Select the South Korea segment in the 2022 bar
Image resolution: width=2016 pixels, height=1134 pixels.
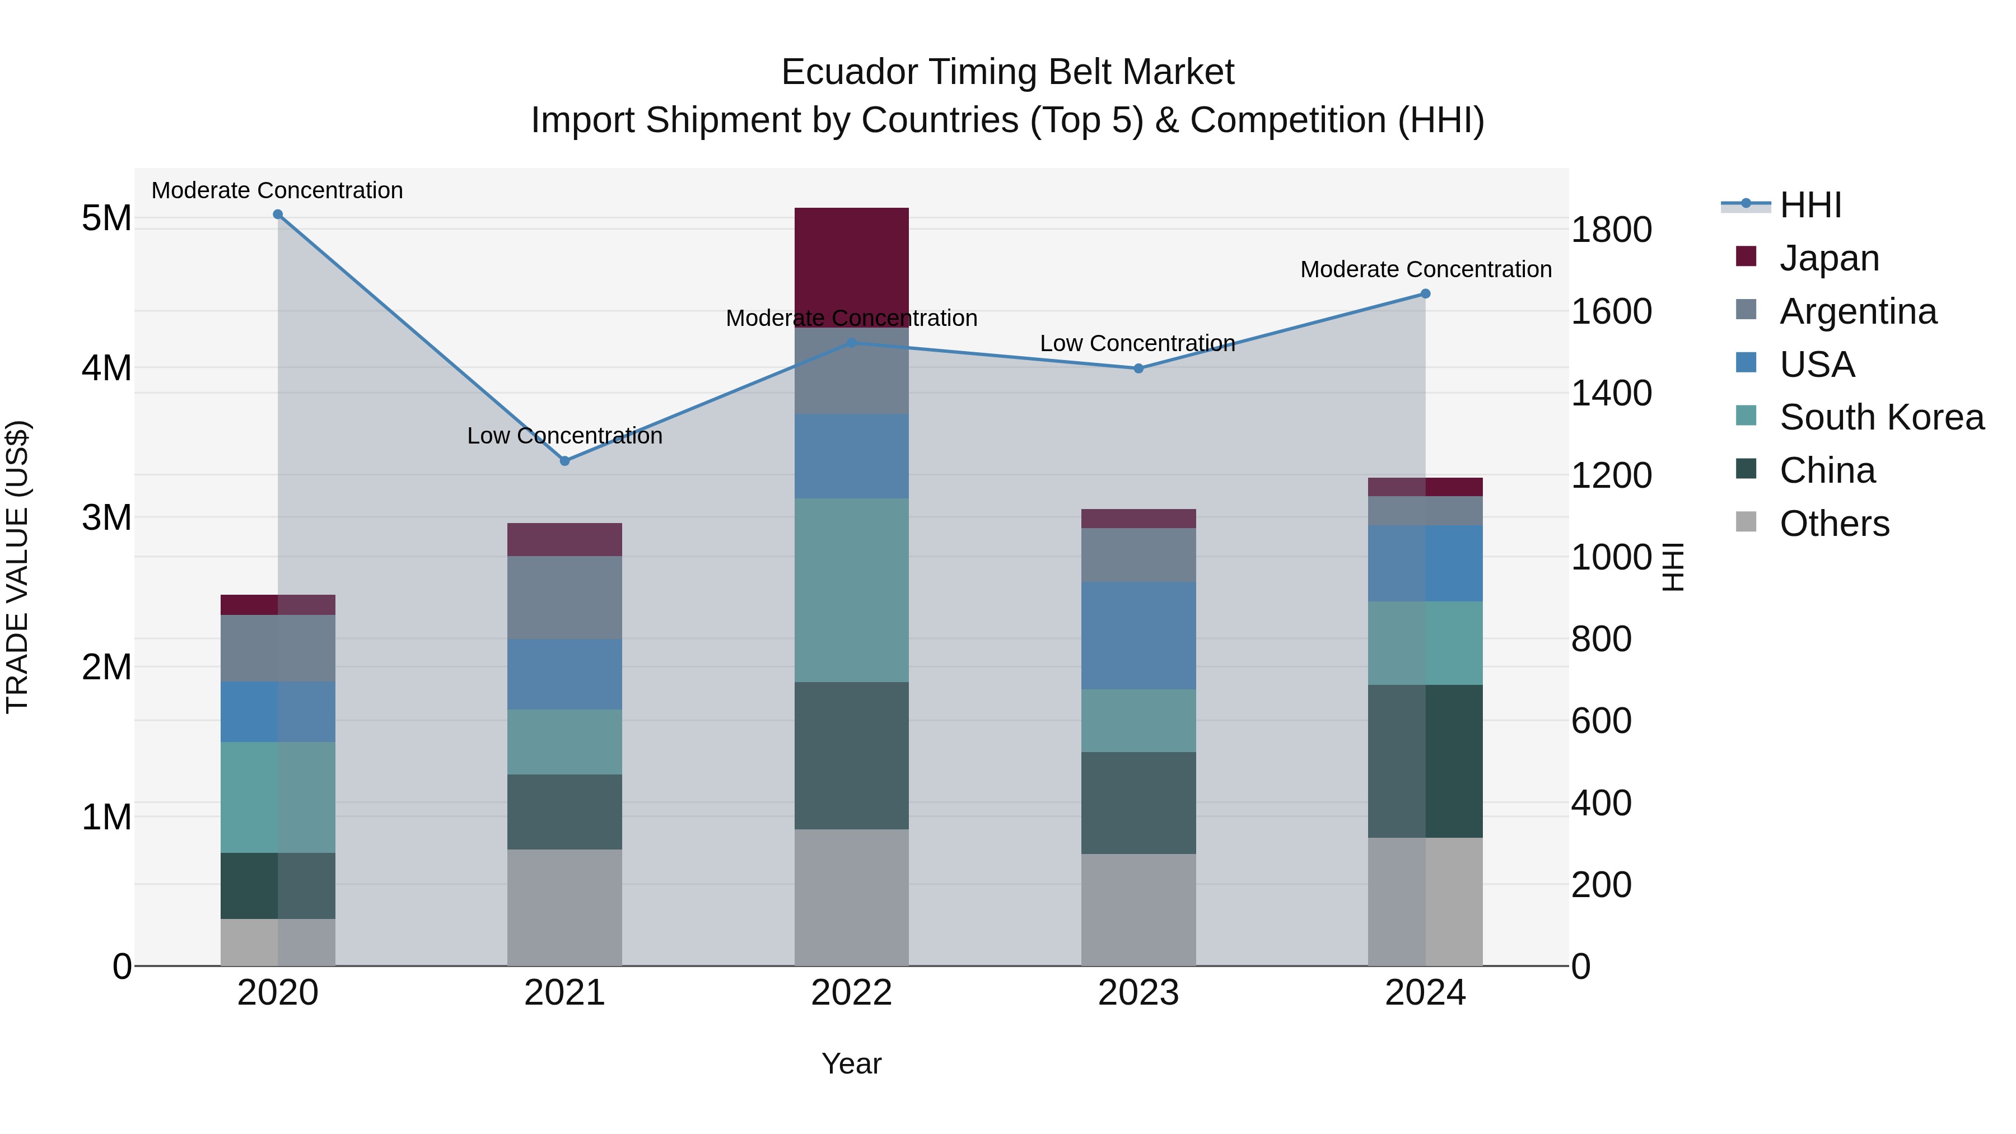(851, 590)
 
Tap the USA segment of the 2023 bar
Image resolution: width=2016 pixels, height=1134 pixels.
(1138, 636)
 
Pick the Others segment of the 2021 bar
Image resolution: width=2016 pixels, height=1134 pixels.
(564, 907)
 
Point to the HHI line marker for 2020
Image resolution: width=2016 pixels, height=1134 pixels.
(278, 214)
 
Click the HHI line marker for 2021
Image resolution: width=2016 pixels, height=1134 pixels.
(564, 461)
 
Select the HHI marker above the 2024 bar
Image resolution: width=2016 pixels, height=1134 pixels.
(1425, 294)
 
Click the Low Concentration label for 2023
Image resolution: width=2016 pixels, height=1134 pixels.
(1137, 344)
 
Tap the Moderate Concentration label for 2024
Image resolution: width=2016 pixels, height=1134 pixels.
(1425, 269)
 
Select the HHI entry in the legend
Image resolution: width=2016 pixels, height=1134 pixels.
(1809, 205)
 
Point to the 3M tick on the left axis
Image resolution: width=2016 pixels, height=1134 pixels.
(107, 517)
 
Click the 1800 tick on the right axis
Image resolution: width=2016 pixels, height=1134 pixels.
(1611, 230)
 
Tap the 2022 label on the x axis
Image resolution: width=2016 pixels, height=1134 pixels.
(851, 993)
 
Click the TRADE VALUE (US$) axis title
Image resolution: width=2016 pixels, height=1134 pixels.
(17, 567)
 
